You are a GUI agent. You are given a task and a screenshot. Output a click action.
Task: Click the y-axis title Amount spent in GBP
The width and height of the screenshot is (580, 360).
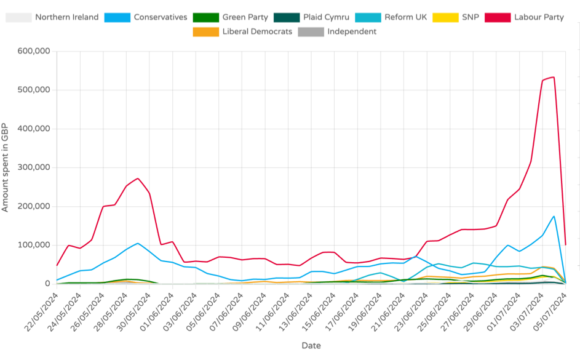pyautogui.click(x=6, y=167)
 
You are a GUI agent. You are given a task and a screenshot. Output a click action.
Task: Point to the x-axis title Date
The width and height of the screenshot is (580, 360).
pyautogui.click(x=311, y=346)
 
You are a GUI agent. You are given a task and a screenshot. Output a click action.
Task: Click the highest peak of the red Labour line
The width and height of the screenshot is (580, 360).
pyautogui.click(x=554, y=77)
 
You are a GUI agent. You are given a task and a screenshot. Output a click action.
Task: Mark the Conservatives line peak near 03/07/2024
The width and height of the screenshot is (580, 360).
pyautogui.click(x=554, y=216)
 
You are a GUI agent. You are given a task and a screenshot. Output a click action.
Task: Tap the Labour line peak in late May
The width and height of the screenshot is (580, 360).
pyautogui.click(x=138, y=178)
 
